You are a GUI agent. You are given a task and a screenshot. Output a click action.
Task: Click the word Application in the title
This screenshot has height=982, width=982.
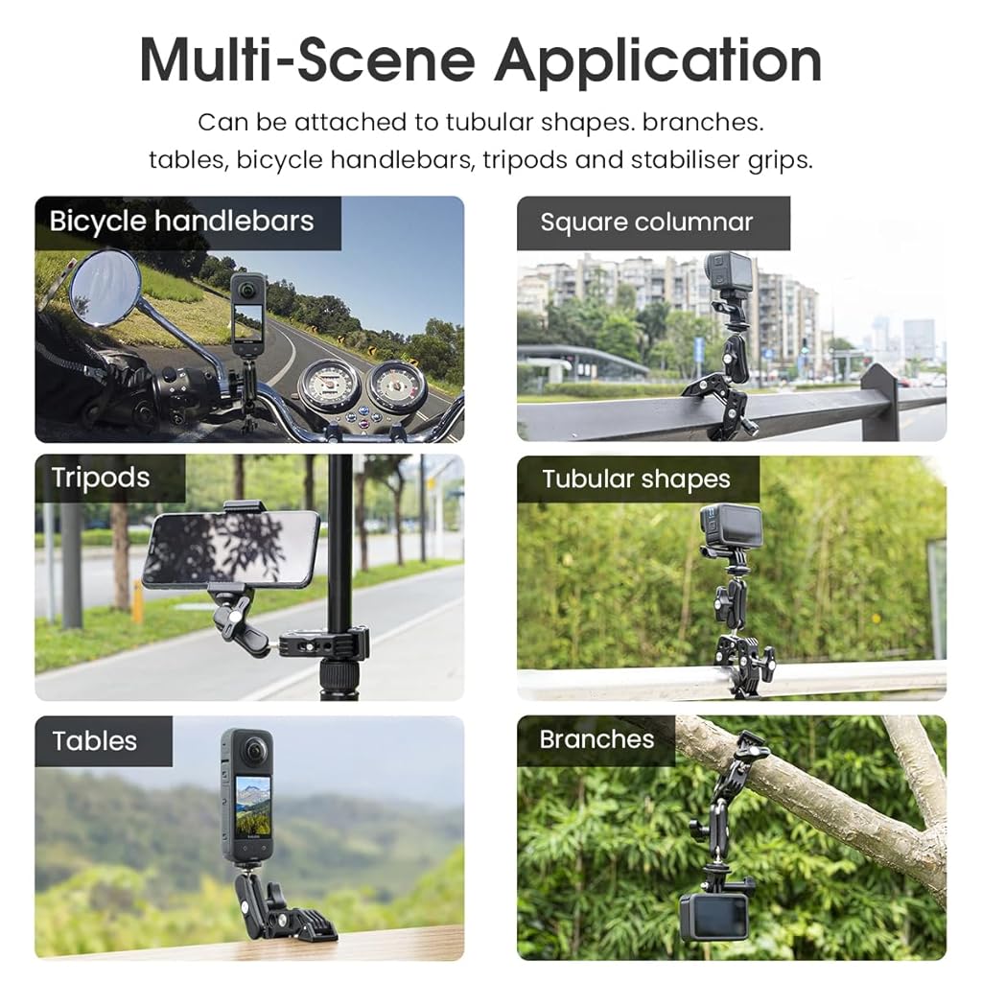(658, 60)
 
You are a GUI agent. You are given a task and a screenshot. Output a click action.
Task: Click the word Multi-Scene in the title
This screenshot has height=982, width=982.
(308, 60)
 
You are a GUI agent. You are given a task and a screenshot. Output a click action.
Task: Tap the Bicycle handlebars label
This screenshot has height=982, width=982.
(181, 222)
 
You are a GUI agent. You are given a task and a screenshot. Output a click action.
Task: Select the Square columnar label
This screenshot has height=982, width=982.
(646, 222)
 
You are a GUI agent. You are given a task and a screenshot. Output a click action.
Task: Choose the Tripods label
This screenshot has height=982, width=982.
(100, 478)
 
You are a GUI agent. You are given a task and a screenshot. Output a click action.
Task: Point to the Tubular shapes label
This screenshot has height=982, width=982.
(637, 479)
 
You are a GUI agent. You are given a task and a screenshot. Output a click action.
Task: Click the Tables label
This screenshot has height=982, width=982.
(95, 741)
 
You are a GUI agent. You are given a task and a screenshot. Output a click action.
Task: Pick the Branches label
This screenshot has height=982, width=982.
(596, 739)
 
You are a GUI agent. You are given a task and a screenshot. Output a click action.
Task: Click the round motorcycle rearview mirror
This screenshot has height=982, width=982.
(104, 288)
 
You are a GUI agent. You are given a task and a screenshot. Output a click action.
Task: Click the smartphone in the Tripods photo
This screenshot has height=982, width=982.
(230, 549)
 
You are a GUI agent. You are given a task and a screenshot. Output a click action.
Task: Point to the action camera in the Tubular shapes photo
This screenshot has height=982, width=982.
(731, 526)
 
